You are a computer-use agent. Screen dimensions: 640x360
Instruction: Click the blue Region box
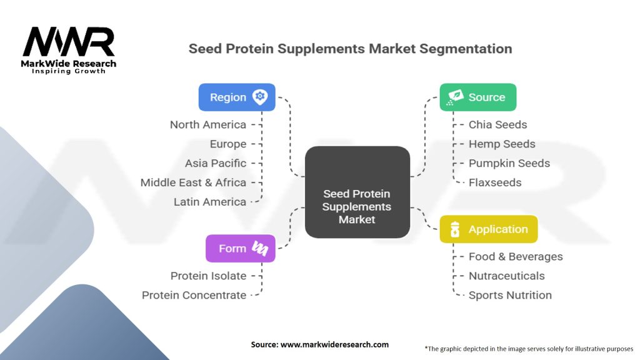[237, 97]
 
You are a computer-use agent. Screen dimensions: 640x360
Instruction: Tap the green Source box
[478, 97]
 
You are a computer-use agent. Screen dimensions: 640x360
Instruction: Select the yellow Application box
[489, 229]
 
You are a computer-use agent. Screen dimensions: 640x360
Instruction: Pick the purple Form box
[241, 248]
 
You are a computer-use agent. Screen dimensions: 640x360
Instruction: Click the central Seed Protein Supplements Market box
[357, 192]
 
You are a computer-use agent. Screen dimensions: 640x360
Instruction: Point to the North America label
[208, 124]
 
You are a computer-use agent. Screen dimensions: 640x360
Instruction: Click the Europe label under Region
[228, 144]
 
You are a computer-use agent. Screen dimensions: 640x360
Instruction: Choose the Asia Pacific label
[216, 163]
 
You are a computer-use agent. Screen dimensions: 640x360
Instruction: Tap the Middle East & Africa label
[194, 182]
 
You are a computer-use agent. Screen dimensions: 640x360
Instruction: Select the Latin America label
[210, 202]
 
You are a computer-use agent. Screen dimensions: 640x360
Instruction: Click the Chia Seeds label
[497, 124]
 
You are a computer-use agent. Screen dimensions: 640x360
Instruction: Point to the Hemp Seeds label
[502, 144]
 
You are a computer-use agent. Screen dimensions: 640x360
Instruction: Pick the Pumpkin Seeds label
[509, 163]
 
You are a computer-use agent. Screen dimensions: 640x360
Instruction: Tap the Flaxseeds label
[495, 182]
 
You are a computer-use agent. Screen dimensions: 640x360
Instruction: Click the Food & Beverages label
[516, 256]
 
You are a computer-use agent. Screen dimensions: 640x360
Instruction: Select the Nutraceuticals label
[506, 276]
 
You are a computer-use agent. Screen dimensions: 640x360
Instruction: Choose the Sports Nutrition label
[510, 295]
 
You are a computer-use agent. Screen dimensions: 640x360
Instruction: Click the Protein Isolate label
[208, 276]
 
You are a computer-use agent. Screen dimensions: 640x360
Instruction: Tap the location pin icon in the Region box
[260, 97]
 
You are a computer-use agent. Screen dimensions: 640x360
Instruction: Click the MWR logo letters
[69, 42]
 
